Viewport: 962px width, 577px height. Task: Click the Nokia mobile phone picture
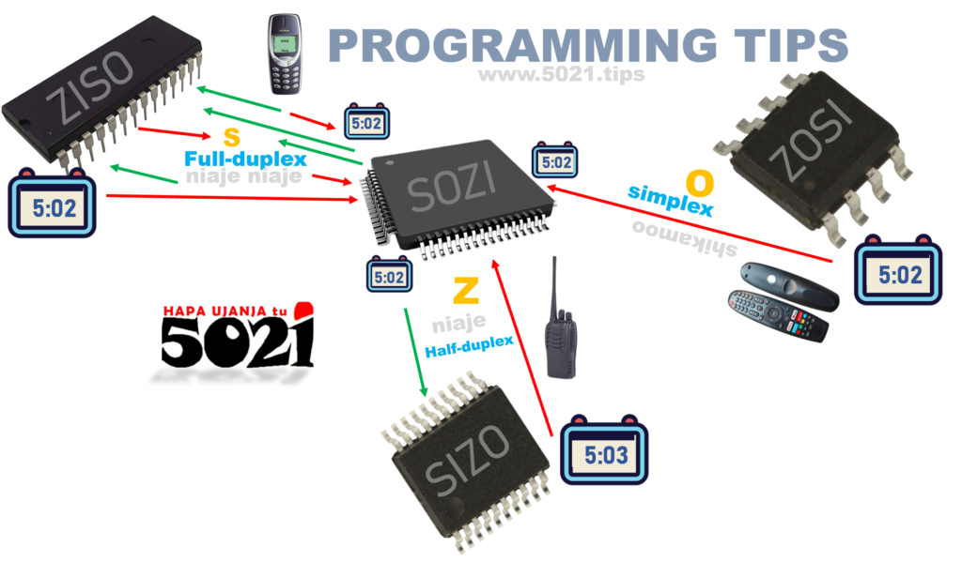point(284,53)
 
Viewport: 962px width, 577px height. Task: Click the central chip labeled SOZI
point(458,194)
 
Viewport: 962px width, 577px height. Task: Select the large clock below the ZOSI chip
point(897,273)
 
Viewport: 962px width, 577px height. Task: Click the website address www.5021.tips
point(561,74)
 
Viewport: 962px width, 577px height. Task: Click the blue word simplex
point(670,199)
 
